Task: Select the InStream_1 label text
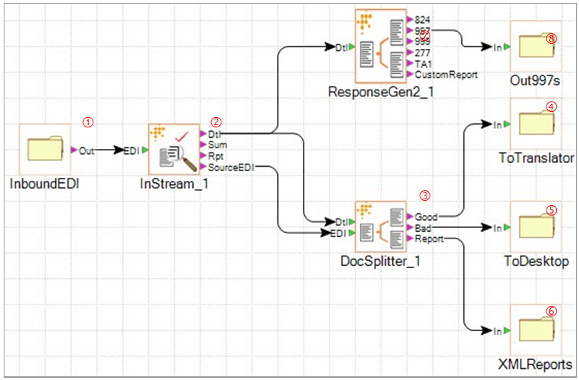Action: point(174,184)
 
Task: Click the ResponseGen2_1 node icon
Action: point(381,46)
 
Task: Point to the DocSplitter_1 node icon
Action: point(381,227)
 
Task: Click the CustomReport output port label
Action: point(446,74)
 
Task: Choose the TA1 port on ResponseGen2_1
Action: point(423,64)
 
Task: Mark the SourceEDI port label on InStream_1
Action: point(231,168)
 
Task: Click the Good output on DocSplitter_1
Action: point(426,217)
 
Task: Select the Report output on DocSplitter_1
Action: point(429,239)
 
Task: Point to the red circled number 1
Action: point(88,121)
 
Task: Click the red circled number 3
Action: point(424,196)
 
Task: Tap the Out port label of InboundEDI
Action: point(87,150)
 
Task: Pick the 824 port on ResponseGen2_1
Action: point(423,19)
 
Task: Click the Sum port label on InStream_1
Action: point(217,146)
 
